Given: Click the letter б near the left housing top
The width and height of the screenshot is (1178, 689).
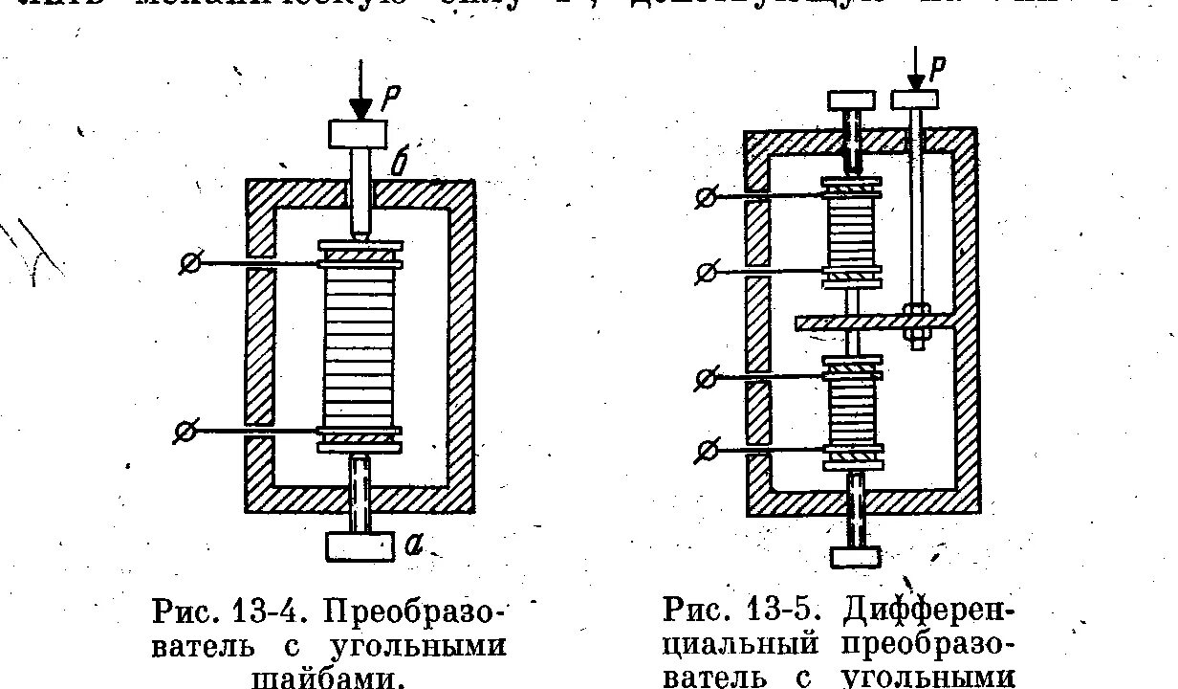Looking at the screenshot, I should pyautogui.click(x=399, y=165).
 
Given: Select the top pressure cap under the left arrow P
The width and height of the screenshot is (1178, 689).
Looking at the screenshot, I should pyautogui.click(x=358, y=133).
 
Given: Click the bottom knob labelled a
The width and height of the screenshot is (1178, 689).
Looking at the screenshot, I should pyautogui.click(x=360, y=546).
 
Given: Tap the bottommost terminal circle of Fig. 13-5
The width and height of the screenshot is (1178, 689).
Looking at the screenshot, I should pyautogui.click(x=709, y=448).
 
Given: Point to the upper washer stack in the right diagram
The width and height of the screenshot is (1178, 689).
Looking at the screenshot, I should pyautogui.click(x=853, y=230).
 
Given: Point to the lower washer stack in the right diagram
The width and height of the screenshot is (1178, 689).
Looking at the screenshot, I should pyautogui.click(x=853, y=411).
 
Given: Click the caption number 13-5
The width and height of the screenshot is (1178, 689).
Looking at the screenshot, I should pyautogui.click(x=767, y=611).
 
